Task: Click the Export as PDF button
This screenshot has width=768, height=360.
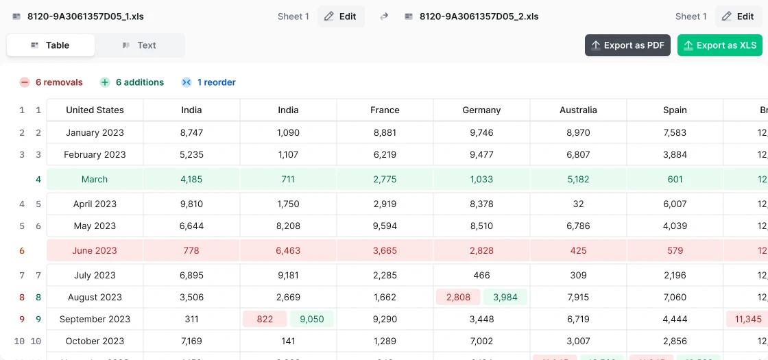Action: [x=627, y=45]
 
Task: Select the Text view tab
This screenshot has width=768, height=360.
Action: [x=139, y=45]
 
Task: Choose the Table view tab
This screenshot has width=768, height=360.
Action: [x=51, y=45]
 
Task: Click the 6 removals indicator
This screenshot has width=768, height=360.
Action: [x=51, y=82]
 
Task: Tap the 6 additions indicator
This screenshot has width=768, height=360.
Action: [x=132, y=82]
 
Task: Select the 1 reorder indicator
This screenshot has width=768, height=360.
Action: [x=208, y=82]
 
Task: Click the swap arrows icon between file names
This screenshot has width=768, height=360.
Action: [x=384, y=16]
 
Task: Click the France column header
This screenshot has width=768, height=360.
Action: [x=385, y=110]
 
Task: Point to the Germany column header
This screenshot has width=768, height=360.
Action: [x=481, y=110]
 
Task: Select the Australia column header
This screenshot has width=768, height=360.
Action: [x=578, y=110]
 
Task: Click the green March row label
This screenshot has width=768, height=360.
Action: [x=95, y=179]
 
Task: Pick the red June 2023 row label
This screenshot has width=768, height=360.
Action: [x=95, y=250]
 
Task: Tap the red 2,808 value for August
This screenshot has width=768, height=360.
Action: [x=458, y=297]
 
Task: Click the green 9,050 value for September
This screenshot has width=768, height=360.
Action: [x=311, y=319]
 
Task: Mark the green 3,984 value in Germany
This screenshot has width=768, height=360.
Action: [x=505, y=297]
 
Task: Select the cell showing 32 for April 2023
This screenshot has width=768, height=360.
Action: [x=578, y=204]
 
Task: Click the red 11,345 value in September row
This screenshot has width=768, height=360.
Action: [x=747, y=319]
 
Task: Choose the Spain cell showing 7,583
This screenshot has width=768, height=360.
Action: [x=675, y=132]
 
